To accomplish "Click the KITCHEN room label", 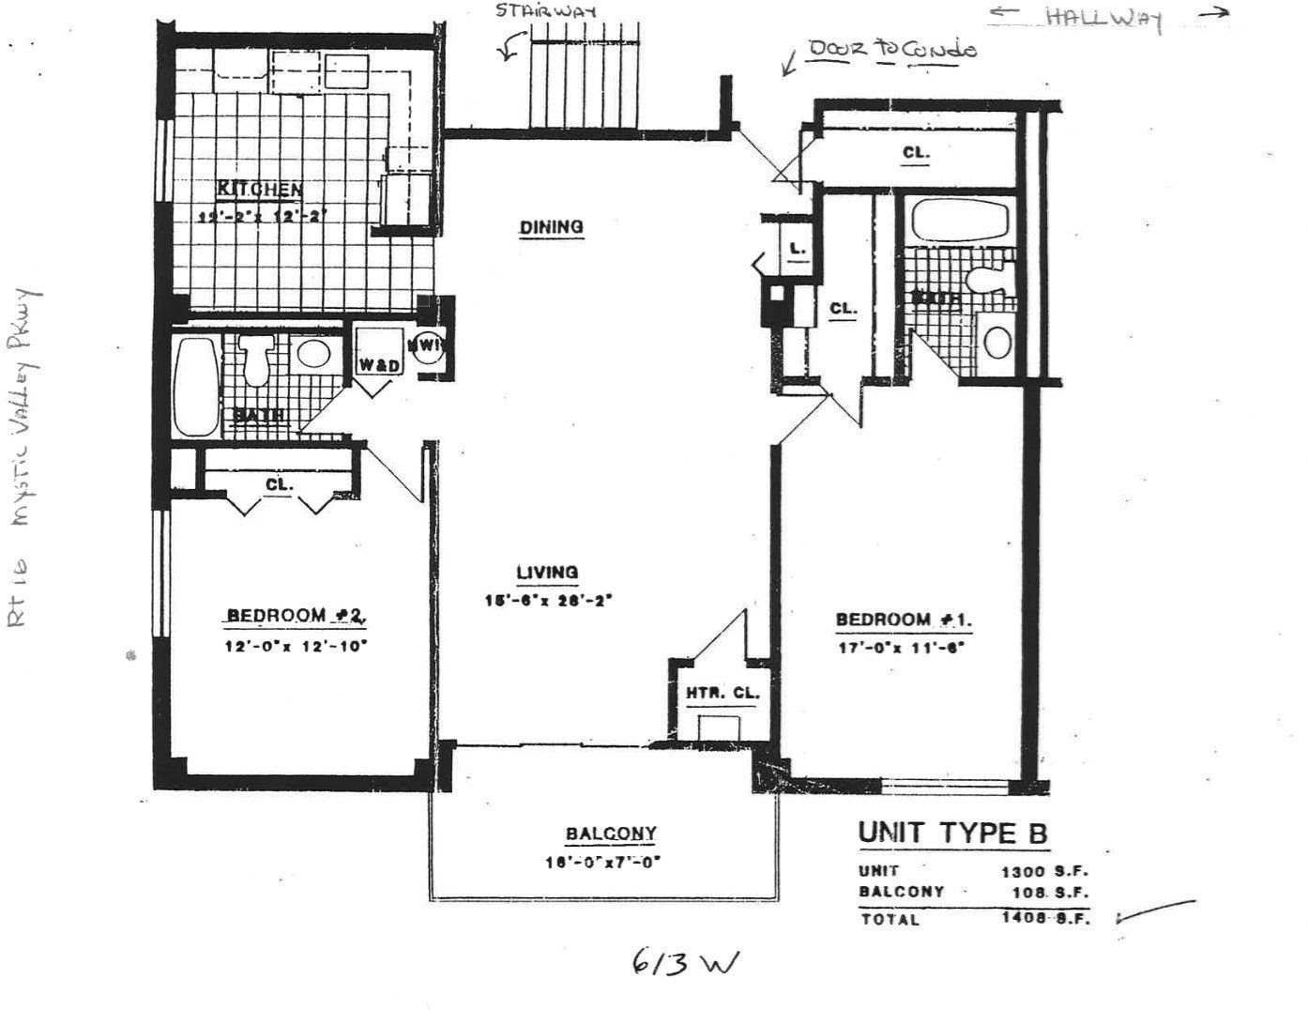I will tap(260, 189).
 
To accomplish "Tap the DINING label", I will tap(551, 226).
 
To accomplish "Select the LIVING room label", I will tap(547, 572).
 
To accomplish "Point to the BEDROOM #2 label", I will tap(295, 616).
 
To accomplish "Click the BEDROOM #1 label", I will tap(904, 620).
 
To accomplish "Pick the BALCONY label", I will tap(611, 834).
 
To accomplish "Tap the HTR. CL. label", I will tap(722, 694).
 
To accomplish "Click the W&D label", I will tap(379, 364).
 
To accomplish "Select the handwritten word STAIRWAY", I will tap(545, 11).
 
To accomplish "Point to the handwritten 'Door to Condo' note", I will tap(891, 49).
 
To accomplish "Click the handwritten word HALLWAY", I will tap(1103, 19).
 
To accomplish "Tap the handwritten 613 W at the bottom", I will tap(685, 963).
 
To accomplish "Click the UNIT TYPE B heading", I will tap(952, 833).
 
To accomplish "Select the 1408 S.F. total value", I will tap(1045, 918).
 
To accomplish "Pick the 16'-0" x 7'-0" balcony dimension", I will tap(603, 862).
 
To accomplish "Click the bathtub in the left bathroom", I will tap(195, 386).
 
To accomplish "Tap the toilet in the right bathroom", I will tap(985, 278).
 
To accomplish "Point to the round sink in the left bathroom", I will tap(312, 354).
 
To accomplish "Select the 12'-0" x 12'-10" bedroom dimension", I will tap(295, 646).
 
